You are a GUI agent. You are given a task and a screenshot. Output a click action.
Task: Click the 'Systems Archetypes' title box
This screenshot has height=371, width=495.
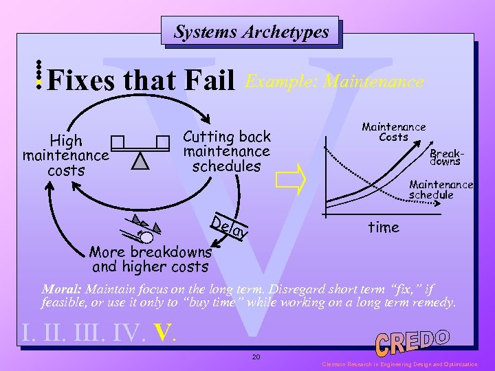point(251,32)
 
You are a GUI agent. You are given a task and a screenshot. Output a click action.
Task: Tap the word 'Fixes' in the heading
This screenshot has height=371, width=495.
point(83,82)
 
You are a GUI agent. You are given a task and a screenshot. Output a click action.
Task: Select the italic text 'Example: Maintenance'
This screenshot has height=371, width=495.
point(334,82)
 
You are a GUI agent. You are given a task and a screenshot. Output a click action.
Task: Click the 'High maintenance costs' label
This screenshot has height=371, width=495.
point(66,155)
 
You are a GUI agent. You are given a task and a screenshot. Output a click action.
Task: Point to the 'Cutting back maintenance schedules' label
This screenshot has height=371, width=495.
point(226,151)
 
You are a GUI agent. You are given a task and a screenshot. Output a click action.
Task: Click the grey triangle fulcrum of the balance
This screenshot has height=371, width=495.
point(141,161)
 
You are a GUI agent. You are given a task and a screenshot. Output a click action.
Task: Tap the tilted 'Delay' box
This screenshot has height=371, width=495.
point(229,227)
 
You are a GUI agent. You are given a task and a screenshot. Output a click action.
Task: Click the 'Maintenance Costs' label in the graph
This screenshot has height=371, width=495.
point(393,132)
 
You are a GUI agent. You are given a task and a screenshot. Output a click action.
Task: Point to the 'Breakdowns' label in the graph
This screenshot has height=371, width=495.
point(445,159)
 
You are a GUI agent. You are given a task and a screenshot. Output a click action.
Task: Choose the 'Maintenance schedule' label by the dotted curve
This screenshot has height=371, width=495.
point(441,189)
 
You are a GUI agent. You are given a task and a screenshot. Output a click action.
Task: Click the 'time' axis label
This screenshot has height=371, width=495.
point(383,227)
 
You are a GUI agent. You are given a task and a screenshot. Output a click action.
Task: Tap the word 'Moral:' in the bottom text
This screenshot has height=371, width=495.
point(63,289)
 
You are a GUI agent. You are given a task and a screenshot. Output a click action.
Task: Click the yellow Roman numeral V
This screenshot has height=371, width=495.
point(163,333)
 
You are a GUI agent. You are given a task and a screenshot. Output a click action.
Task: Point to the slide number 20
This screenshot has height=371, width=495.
point(255,357)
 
